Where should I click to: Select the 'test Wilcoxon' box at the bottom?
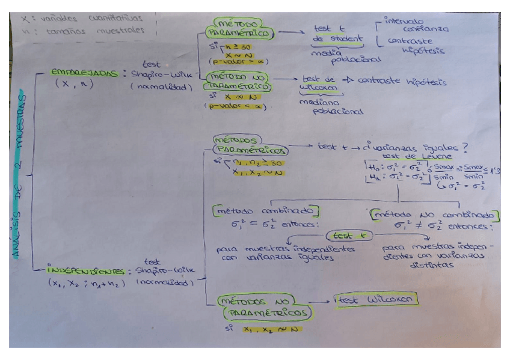(x=375, y=299)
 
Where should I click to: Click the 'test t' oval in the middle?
(x=349, y=236)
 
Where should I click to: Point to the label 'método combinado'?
(x=265, y=212)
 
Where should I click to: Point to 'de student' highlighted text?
(x=337, y=40)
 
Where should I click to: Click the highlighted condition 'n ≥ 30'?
(x=235, y=46)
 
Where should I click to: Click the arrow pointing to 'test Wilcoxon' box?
(x=322, y=299)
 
